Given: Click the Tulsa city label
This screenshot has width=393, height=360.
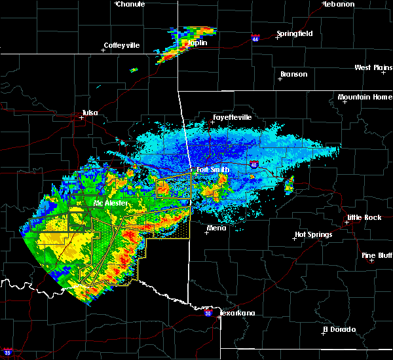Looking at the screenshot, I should (x=90, y=113).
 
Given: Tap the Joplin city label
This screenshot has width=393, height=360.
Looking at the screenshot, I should (x=197, y=43).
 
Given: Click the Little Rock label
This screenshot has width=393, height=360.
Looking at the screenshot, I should (x=364, y=217).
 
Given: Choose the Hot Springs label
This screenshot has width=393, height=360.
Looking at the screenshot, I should (x=313, y=234).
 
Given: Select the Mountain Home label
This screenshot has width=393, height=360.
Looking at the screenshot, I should (x=365, y=98).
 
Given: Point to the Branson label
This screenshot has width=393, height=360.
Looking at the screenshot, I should (x=293, y=74).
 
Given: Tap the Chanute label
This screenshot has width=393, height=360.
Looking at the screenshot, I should (x=132, y=4).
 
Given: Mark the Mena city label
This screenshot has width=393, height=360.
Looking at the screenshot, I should (x=216, y=228).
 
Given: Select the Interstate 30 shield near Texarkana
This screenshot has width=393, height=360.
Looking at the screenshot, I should (x=208, y=314).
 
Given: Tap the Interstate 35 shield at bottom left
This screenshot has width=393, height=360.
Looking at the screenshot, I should (x=7, y=352).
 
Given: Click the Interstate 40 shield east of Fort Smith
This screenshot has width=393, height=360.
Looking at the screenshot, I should (x=253, y=162).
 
